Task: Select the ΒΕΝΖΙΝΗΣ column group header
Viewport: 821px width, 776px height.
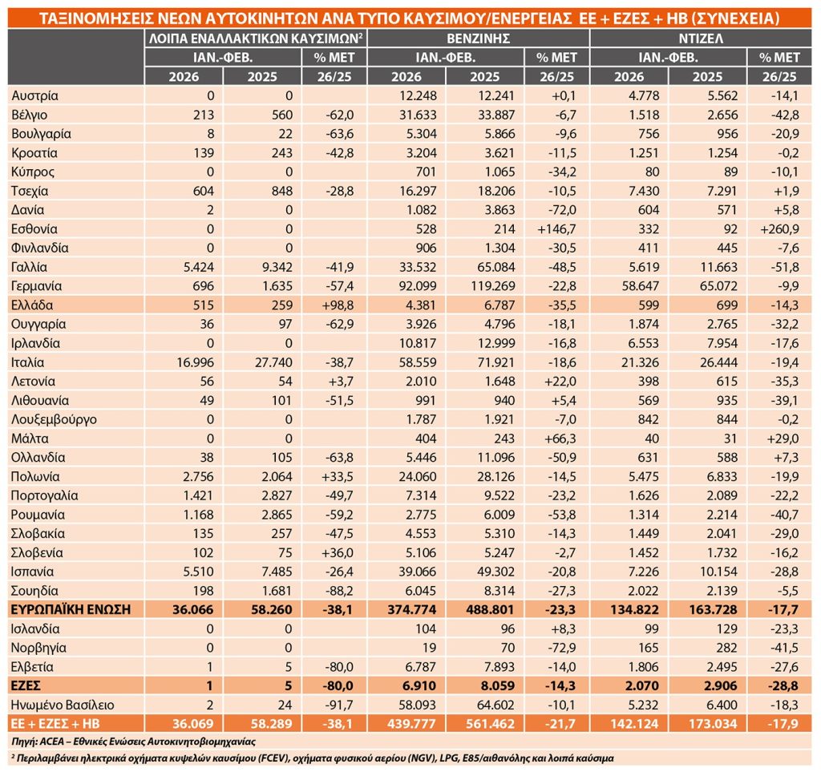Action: pyautogui.click(x=478, y=38)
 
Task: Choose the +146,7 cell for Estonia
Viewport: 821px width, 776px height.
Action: pyautogui.click(x=553, y=229)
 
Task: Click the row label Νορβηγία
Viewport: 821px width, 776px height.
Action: pyautogui.click(x=38, y=648)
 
